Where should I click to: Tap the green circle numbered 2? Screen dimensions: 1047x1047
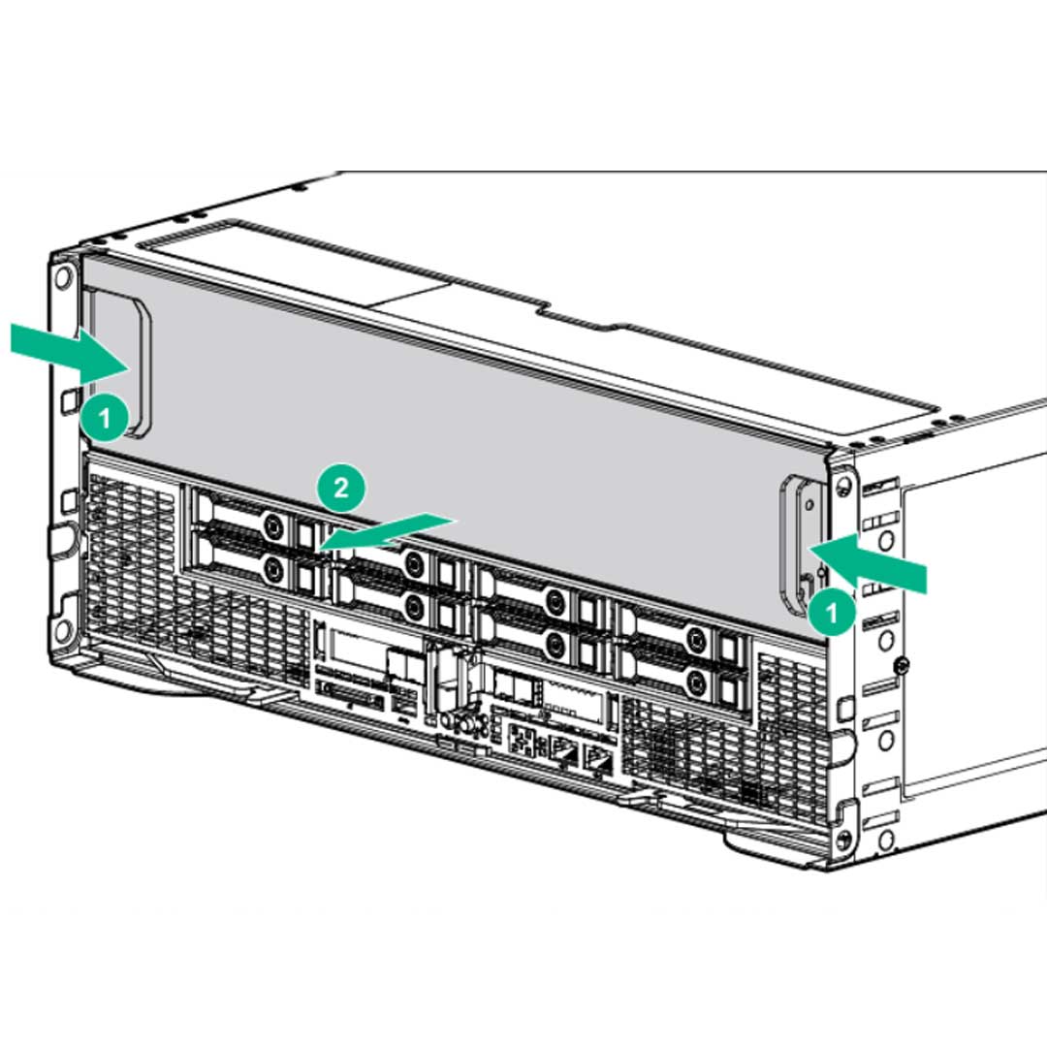tap(340, 489)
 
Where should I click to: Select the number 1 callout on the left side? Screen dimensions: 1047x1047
tap(105, 419)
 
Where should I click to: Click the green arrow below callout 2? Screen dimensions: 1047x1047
tap(388, 531)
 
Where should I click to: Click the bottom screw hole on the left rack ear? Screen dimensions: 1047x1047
tap(63, 632)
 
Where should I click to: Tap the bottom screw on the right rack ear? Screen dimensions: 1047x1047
tap(844, 838)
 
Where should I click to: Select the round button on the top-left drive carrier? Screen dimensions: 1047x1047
tap(274, 524)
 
